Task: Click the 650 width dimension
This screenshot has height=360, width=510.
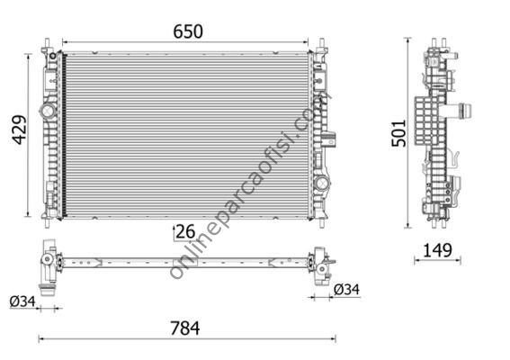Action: [186, 31]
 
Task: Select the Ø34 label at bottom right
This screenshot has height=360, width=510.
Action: [346, 290]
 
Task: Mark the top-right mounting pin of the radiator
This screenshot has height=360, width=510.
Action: [321, 44]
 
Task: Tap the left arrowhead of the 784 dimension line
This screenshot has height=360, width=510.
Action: [41, 339]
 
